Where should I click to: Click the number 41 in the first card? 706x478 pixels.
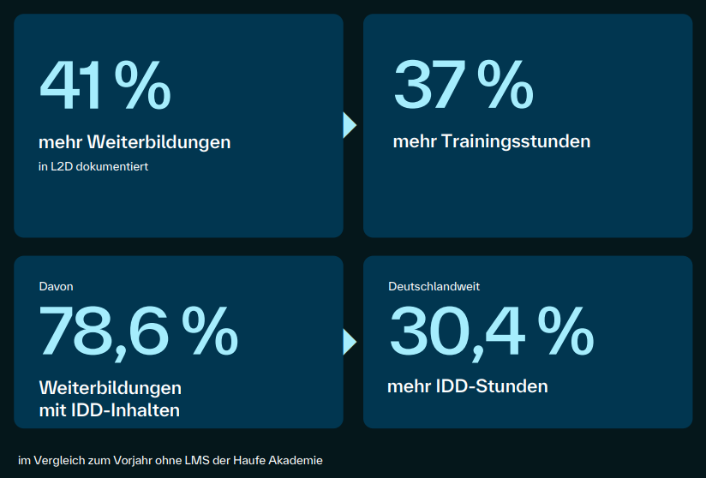pyautogui.click(x=71, y=86)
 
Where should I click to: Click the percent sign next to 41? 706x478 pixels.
pyautogui.click(x=142, y=86)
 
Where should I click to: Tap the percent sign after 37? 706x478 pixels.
pyautogui.click(x=505, y=86)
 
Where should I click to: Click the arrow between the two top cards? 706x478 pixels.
pyautogui.click(x=349, y=125)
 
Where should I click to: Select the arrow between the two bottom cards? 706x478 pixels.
pyautogui.click(x=349, y=342)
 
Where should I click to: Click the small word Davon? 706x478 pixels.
pyautogui.click(x=57, y=286)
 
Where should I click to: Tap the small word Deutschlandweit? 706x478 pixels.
pyautogui.click(x=434, y=286)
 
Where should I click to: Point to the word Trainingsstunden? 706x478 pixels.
pyautogui.click(x=516, y=141)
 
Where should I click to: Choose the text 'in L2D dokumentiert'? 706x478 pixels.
pyautogui.click(x=93, y=167)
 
